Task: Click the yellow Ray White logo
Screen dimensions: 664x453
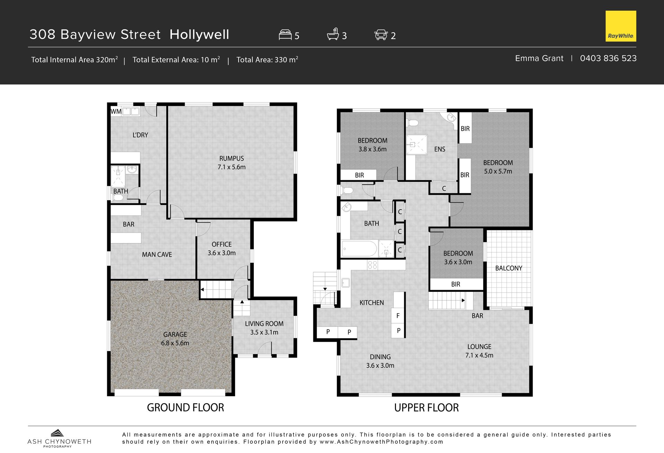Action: (621, 26)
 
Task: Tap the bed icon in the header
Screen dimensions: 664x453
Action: (285, 35)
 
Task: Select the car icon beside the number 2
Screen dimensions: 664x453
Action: (381, 35)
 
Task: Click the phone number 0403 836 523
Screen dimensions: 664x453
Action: (608, 58)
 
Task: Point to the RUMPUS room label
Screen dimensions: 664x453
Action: (231, 158)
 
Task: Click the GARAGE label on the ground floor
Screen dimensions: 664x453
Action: (175, 334)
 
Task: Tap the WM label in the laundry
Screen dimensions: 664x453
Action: (116, 111)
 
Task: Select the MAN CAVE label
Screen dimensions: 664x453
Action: (157, 255)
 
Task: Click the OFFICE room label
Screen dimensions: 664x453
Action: (222, 244)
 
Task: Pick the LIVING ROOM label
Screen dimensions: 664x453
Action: (264, 324)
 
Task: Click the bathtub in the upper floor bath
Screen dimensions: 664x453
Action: (359, 249)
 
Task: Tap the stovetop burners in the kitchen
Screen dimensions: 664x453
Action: (372, 265)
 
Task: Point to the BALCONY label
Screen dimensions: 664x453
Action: (509, 268)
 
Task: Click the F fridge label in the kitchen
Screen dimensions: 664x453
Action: (398, 316)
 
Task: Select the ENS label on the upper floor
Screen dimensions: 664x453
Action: (440, 149)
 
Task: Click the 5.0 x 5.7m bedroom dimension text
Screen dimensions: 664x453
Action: (498, 171)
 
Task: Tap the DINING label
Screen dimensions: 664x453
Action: (380, 357)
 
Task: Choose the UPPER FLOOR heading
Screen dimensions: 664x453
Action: (426, 408)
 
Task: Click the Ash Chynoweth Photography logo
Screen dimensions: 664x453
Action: (59, 438)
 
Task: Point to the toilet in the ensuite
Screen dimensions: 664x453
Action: (413, 123)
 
